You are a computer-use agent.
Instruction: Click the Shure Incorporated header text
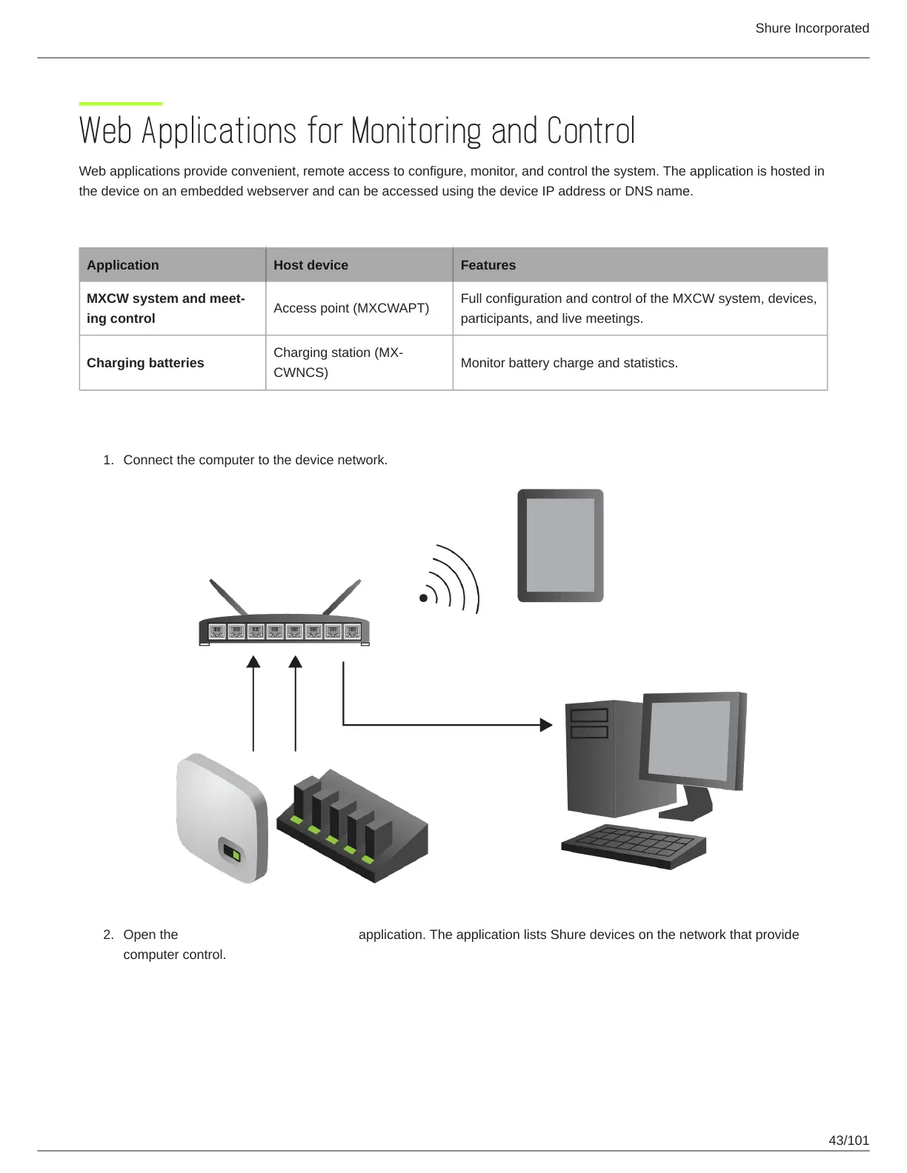click(x=811, y=28)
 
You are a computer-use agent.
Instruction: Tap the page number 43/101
click(x=848, y=1140)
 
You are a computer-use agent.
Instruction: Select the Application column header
click(x=123, y=265)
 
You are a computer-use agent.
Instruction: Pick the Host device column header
click(x=310, y=265)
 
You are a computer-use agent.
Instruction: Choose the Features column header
click(x=488, y=265)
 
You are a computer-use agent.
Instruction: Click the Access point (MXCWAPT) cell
click(x=351, y=308)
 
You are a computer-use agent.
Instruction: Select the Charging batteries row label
click(x=145, y=363)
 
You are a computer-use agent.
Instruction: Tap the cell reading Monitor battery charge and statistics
click(x=569, y=363)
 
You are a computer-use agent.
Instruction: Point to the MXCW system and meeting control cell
click(x=165, y=308)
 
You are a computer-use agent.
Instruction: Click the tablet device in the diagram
click(x=560, y=545)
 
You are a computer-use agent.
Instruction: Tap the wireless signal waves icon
click(x=451, y=580)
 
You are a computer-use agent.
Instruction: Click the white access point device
click(x=221, y=818)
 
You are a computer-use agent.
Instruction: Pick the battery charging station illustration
click(x=351, y=825)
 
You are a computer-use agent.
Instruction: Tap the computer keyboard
click(x=634, y=846)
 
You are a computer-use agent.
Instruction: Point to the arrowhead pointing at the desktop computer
click(x=546, y=724)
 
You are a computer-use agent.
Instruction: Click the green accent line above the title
click(x=121, y=104)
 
